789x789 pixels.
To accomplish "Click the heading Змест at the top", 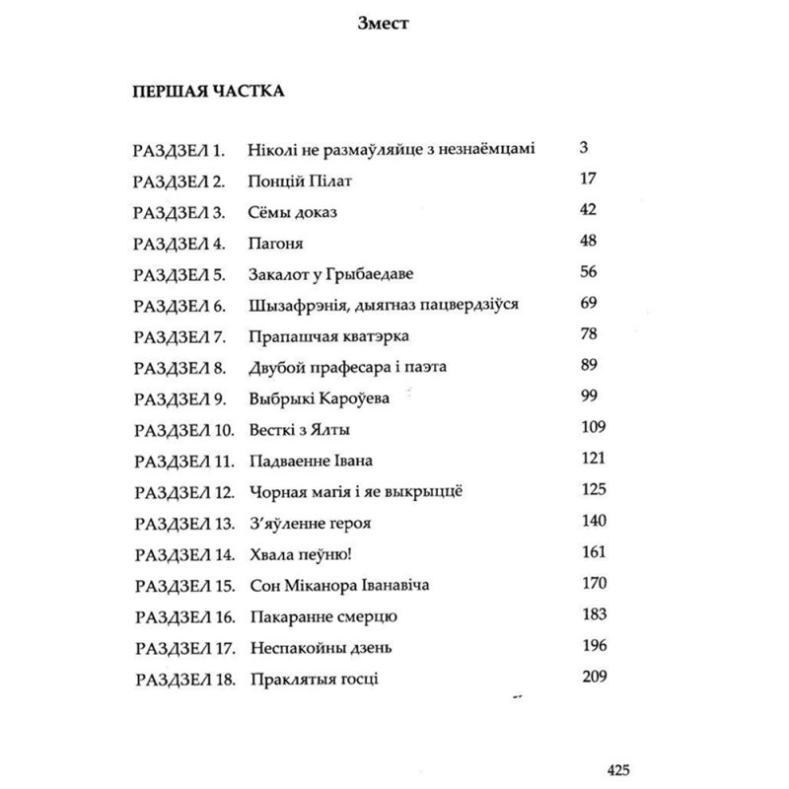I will click(x=394, y=26).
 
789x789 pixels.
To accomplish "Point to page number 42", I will click(x=592, y=211).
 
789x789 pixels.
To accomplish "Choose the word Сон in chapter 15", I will click(x=268, y=585).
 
